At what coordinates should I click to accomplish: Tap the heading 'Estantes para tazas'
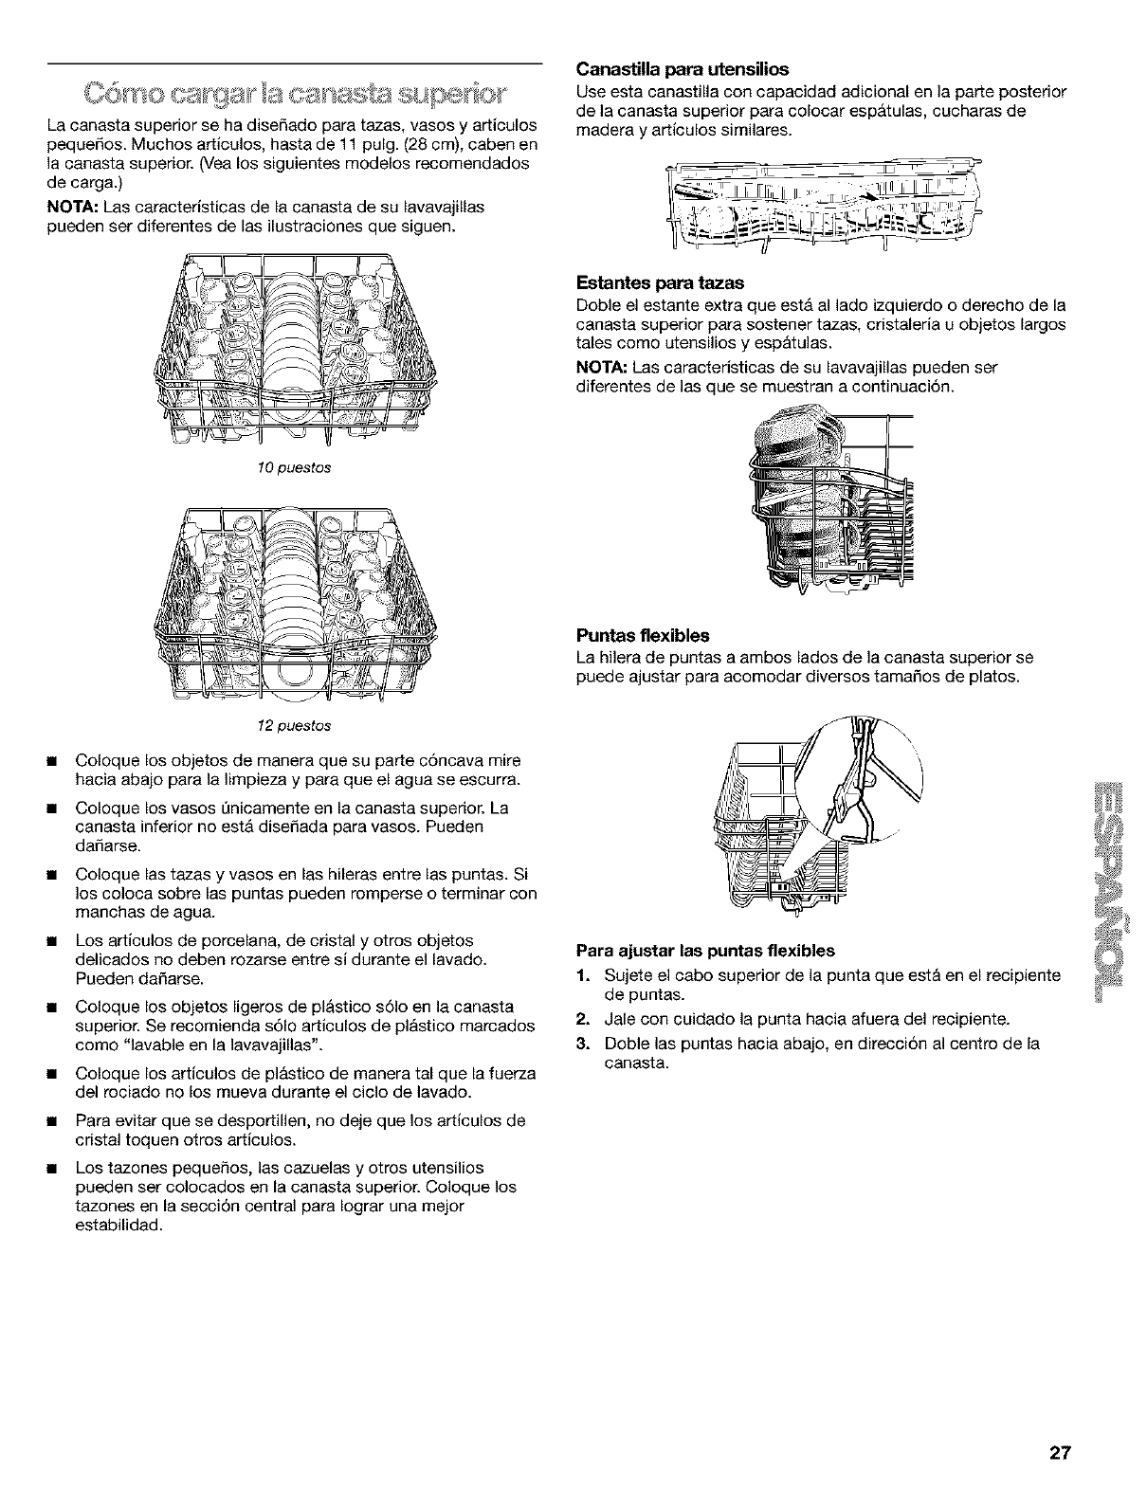click(660, 282)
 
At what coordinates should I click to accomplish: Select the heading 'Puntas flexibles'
click(643, 635)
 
